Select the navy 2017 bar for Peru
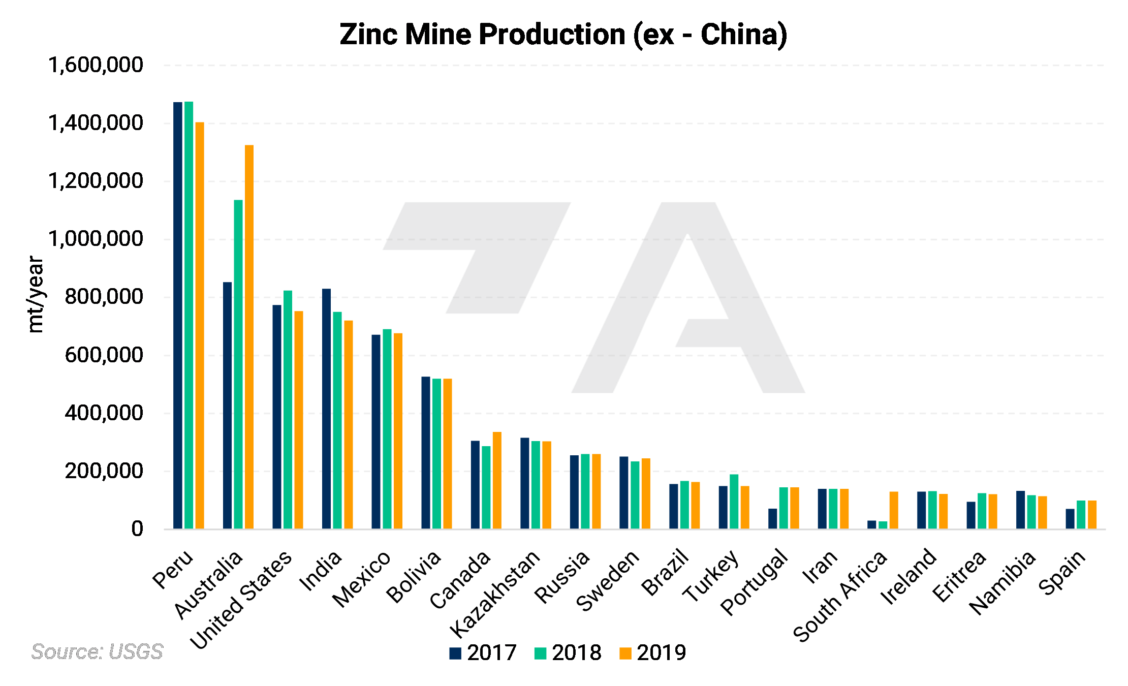177,315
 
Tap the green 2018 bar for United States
288,410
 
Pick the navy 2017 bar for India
326,409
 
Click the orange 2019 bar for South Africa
894,510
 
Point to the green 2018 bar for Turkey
734,502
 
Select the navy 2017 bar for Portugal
772,518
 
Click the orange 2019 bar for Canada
497,480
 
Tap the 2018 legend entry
568,652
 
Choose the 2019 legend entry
653,652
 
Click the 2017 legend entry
483,652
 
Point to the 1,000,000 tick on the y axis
96,239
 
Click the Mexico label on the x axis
362,579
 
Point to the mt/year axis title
36,294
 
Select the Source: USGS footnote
97,651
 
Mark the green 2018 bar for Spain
1081,515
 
